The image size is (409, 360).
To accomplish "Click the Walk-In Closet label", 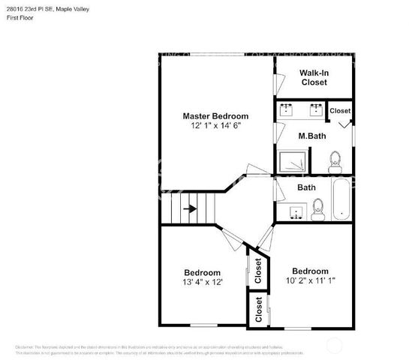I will (314, 77).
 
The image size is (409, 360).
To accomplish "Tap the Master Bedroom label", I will (215, 116).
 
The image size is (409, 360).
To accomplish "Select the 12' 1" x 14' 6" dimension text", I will (215, 126).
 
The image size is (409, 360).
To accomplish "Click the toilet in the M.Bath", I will (334, 160).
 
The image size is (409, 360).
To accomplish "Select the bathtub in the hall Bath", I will (340, 199).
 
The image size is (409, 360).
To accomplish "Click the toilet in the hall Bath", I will (317, 207).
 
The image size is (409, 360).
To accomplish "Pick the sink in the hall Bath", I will (294, 214).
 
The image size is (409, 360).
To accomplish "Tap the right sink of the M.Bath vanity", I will (314, 110).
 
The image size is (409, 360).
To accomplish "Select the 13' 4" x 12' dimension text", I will (202, 282).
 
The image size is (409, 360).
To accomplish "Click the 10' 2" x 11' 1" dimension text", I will (309, 280).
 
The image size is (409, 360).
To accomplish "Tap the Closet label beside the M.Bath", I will (340, 111).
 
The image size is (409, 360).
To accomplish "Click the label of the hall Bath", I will (306, 187).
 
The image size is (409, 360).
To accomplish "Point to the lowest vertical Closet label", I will (259, 309).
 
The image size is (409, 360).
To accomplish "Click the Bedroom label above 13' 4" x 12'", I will (202, 272).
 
